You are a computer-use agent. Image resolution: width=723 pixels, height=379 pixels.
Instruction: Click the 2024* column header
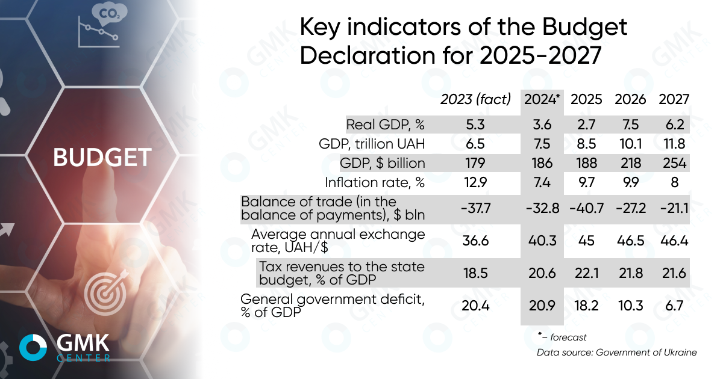542,99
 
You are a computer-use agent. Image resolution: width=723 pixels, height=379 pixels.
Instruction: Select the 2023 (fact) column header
475,99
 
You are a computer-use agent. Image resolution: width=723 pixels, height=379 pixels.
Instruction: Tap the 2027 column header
674,99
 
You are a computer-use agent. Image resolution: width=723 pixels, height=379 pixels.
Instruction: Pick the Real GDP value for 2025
586,125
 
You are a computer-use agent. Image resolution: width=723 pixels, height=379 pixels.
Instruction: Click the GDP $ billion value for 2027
674,163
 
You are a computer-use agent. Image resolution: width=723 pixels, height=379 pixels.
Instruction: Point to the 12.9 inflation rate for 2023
475,182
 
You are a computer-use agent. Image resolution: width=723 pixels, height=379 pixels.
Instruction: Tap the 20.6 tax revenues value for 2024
542,274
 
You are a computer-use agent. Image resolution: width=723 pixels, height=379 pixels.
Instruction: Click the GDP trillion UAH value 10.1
631,144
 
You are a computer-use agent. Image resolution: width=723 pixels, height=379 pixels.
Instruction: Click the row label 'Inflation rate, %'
375,182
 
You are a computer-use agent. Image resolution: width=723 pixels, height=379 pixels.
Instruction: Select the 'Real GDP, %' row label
386,125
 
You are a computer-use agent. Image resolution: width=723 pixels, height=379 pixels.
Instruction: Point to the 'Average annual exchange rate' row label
338,240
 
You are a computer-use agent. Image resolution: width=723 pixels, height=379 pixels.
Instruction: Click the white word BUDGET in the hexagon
101,158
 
